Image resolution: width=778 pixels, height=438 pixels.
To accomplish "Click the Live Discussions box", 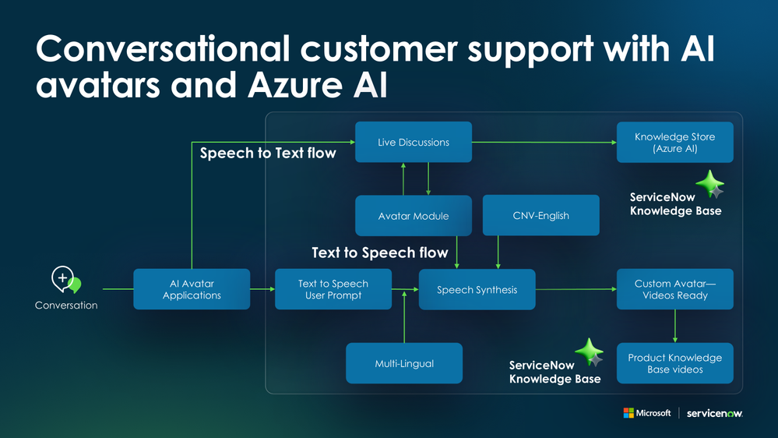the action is tap(414, 142).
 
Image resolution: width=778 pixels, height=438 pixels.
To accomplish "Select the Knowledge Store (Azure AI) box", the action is tap(674, 142).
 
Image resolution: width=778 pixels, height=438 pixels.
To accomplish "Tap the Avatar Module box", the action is tap(414, 216).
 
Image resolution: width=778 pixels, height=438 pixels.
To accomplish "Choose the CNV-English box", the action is tap(540, 215).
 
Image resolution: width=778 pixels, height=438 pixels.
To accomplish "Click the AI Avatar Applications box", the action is tap(192, 289).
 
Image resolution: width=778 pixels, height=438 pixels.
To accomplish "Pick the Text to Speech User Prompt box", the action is tap(333, 289).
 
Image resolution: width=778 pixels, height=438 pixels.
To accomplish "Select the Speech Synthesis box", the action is tap(477, 289).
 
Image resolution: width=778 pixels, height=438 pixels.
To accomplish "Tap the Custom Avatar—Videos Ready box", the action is tap(674, 289).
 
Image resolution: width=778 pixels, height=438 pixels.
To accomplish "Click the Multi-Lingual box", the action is tap(404, 363).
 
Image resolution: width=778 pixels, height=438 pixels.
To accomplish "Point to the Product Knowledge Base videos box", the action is tap(674, 363).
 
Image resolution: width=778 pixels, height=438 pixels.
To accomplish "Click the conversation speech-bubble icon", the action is tap(65, 280).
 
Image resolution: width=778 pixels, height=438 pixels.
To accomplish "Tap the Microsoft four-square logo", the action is tap(628, 413).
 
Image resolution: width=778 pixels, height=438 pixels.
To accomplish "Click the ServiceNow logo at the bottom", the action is tap(714, 413).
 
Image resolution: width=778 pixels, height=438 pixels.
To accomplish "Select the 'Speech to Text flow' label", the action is tap(268, 153).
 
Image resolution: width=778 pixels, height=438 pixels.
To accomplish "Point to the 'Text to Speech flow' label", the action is tap(380, 253).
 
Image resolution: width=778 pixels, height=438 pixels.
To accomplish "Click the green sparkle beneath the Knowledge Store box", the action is tap(709, 184).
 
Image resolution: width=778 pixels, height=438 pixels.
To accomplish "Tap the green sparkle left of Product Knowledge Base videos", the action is tap(589, 351).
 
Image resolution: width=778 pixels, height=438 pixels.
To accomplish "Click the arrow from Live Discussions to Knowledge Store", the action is tap(544, 142).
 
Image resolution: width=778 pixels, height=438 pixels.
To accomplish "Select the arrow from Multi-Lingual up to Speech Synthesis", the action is tap(404, 317).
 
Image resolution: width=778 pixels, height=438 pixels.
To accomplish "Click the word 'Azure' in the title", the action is tap(294, 85).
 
